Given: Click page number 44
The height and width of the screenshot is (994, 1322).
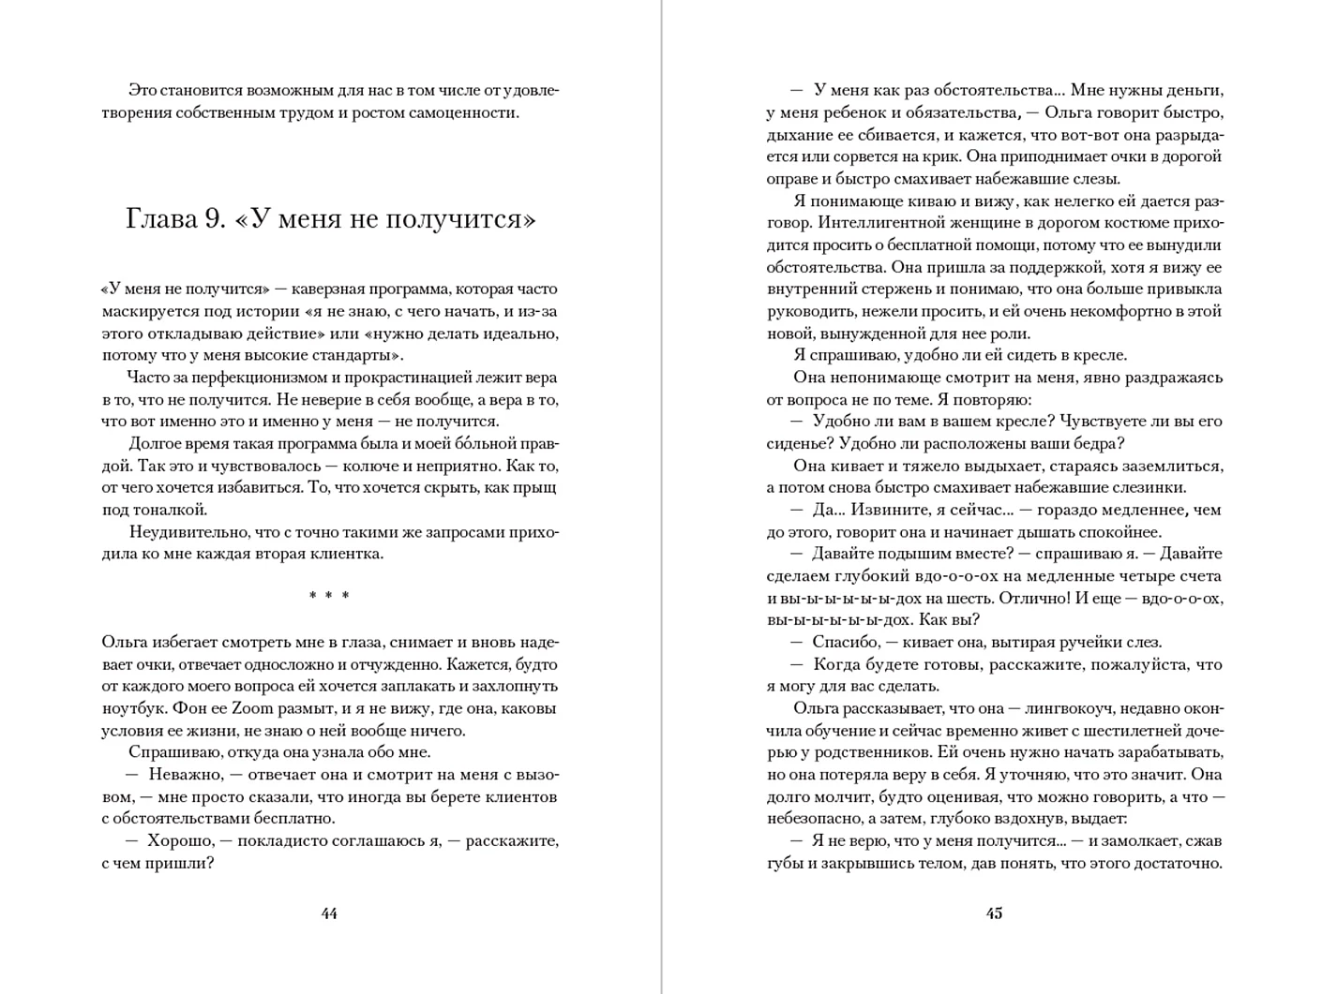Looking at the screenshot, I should (x=329, y=913).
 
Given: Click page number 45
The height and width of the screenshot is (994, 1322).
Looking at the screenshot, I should (x=994, y=913).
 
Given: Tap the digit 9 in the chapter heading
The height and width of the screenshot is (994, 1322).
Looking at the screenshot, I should (x=215, y=219).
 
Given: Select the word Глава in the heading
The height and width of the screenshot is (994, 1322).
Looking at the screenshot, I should (x=161, y=219).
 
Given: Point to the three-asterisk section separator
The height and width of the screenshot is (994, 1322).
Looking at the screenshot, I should (x=329, y=596).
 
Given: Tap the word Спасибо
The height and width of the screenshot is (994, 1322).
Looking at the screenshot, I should (x=844, y=643).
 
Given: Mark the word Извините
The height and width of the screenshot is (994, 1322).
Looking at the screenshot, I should (x=893, y=510).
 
